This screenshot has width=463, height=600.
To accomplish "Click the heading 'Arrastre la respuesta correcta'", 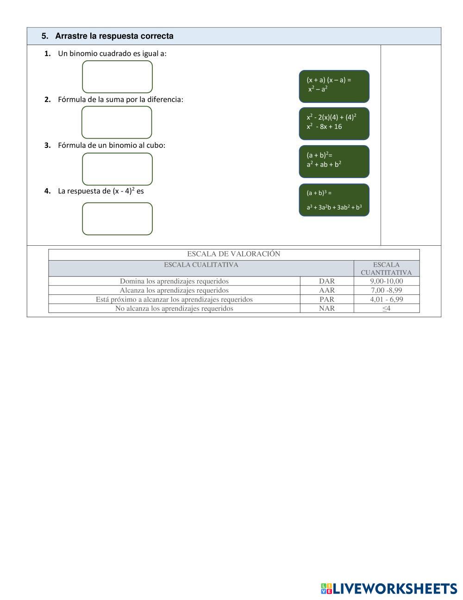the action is pyautogui.click(x=114, y=36).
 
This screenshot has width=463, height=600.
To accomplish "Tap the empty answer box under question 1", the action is pyautogui.click(x=117, y=77).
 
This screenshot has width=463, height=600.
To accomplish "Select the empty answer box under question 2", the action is pyautogui.click(x=117, y=122).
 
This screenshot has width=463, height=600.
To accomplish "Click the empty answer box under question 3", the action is pyautogui.click(x=117, y=169).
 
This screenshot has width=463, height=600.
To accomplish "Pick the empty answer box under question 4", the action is pyautogui.click(x=117, y=219).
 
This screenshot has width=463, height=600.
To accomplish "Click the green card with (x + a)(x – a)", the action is pyautogui.click(x=334, y=86).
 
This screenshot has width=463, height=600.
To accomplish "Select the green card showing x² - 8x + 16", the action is pyautogui.click(x=334, y=124).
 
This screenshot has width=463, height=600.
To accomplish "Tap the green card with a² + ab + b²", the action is pyautogui.click(x=334, y=162).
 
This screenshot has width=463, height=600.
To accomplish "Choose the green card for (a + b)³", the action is pyautogui.click(x=334, y=200).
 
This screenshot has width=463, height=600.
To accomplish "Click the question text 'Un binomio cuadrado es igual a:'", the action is pyautogui.click(x=112, y=54).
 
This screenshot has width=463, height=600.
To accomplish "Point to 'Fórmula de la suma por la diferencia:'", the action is pyautogui.click(x=120, y=99).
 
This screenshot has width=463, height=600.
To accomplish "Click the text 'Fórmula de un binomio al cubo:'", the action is pyautogui.click(x=112, y=145).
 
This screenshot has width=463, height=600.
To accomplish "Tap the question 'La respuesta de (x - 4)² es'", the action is pyautogui.click(x=101, y=191).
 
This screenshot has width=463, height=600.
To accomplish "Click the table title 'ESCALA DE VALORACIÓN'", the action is pyautogui.click(x=234, y=254).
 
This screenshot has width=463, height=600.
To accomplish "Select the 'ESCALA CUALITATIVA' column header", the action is pyautogui.click(x=201, y=265).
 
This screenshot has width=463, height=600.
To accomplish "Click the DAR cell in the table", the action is pyautogui.click(x=327, y=281).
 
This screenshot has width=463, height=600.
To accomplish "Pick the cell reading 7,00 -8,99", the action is pyautogui.click(x=386, y=290).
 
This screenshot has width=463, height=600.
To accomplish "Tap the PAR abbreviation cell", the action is pyautogui.click(x=327, y=300).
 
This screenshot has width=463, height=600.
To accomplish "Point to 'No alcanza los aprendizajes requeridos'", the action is pyautogui.click(x=174, y=308).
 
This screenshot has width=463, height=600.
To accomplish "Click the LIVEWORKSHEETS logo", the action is pyautogui.click(x=389, y=588).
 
